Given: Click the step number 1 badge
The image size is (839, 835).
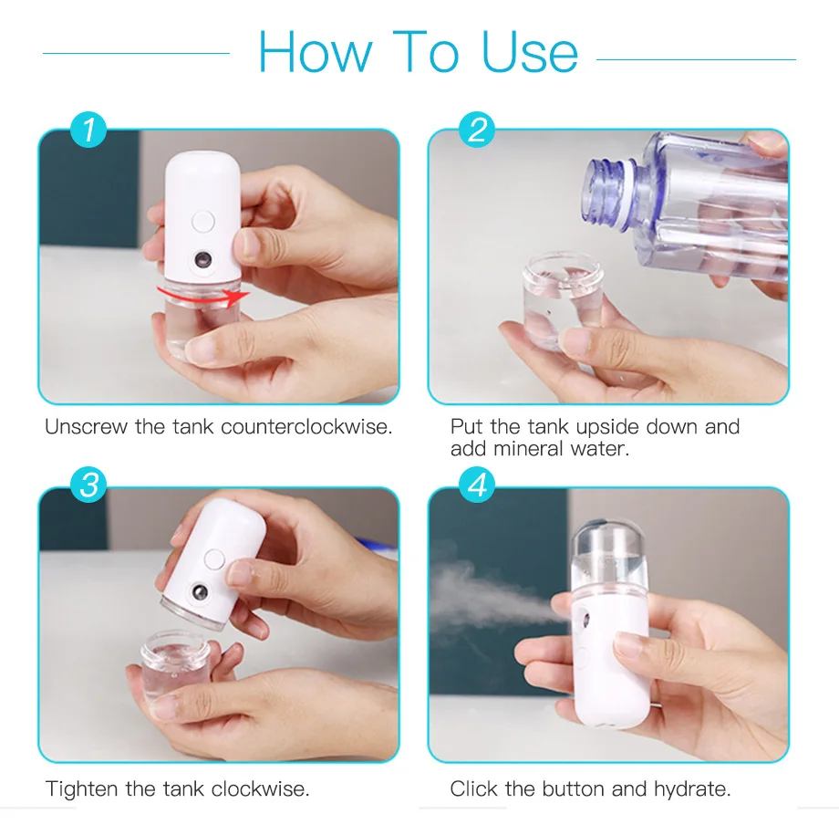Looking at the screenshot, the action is pos(88,130).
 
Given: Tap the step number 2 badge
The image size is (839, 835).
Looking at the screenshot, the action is pos(477,130).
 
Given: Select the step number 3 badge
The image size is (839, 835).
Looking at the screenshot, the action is pos(88,485).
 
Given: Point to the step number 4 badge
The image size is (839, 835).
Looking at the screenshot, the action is pos(477,485).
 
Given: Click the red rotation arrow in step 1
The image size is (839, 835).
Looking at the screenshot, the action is pos(203,297).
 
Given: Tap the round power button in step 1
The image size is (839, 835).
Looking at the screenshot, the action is pos(202,221).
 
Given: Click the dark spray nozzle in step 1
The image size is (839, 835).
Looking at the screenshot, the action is pos(202,260).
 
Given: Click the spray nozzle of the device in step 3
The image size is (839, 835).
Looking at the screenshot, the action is pos(200,592).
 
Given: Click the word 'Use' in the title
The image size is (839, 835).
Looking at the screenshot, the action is pos(529,52).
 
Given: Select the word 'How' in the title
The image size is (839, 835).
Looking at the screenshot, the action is pos(316,52).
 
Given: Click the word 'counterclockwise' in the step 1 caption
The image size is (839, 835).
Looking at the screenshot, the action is pos(306,427).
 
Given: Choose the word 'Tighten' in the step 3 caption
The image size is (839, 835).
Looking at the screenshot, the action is pos(81,789).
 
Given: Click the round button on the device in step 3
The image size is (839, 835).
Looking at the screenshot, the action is pos(214,559).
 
